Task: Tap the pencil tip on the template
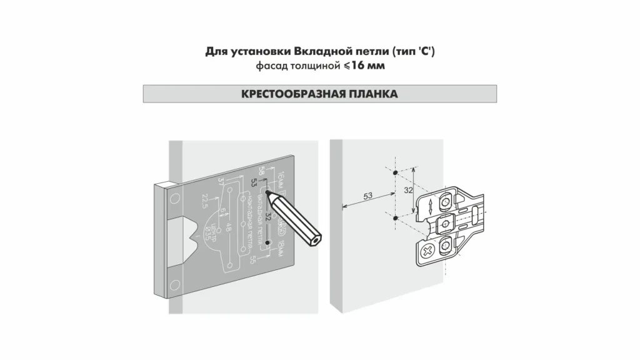pyautogui.click(x=268, y=192)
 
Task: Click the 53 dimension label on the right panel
pyautogui.click(x=368, y=196)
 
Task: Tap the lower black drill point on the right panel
pyautogui.click(x=396, y=218)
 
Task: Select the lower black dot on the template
pyautogui.click(x=267, y=241)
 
